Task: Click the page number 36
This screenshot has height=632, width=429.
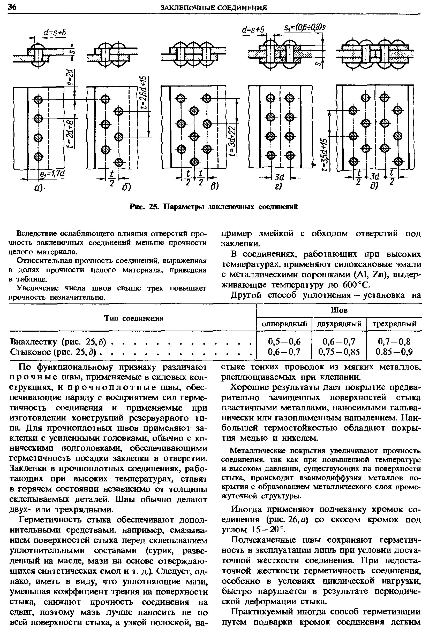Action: pos(12,7)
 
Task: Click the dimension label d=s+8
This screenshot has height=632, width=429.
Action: pos(55,33)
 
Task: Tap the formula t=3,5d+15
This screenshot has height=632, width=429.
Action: pos(324,154)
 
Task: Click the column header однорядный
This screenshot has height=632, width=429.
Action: pos(284,324)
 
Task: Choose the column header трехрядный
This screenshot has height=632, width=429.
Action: pos(394,324)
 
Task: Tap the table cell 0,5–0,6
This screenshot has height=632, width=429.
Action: pos(284,341)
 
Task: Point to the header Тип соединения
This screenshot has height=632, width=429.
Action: pos(134,318)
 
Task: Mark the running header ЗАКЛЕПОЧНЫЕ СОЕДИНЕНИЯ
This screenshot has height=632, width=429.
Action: pos(214,8)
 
